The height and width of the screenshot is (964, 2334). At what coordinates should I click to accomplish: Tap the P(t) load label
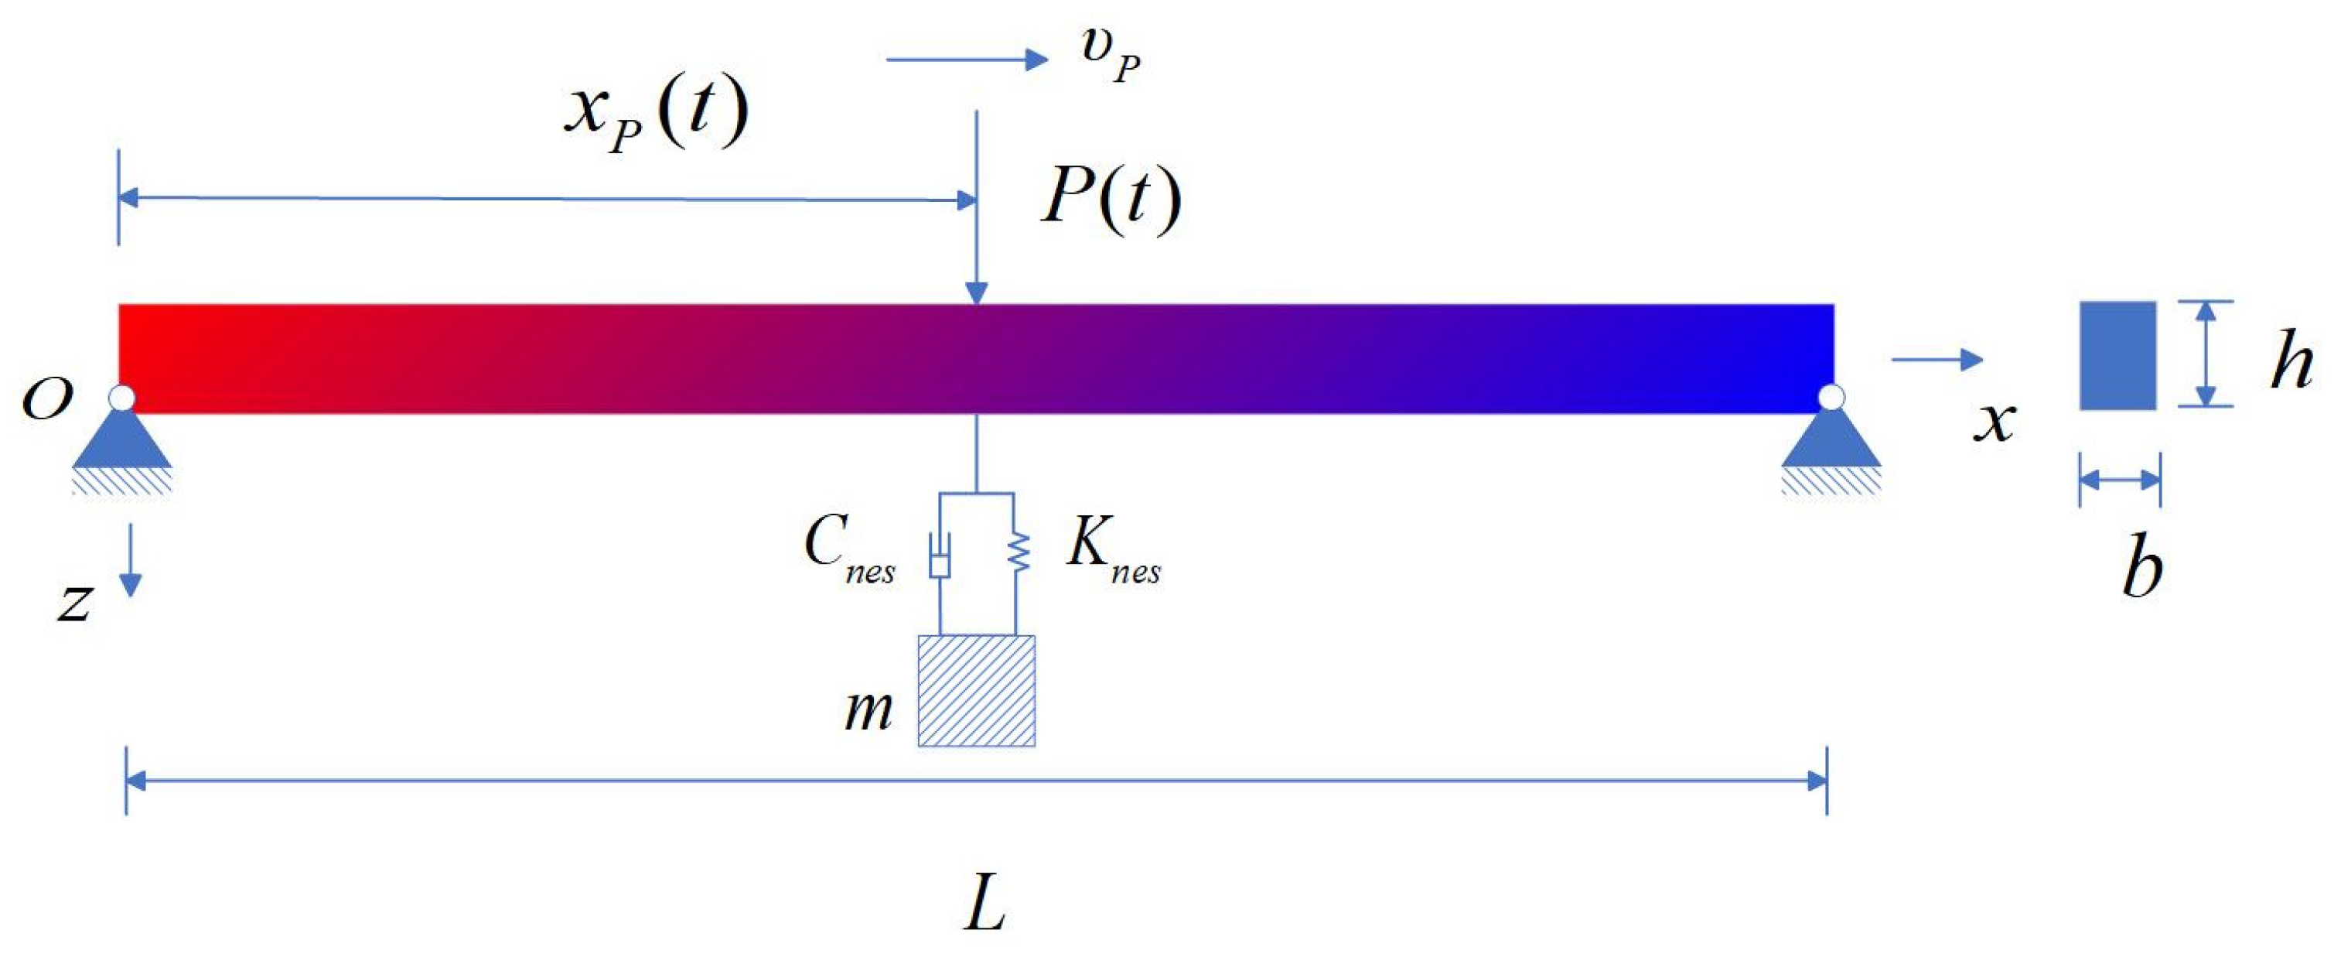(x=1111, y=197)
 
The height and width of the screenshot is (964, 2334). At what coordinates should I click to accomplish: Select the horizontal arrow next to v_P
(x=966, y=60)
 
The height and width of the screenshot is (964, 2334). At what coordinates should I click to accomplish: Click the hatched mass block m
(x=976, y=690)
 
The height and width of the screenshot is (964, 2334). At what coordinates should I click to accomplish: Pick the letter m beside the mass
(x=867, y=709)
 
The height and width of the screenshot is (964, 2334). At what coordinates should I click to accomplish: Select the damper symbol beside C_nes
(x=940, y=556)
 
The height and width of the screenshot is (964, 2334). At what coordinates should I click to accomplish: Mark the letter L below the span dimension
(x=985, y=906)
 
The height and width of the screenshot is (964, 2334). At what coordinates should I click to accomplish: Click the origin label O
(x=46, y=398)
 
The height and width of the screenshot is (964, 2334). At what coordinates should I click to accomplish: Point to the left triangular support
(x=122, y=440)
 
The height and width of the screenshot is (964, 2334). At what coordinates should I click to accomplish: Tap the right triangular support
(x=1831, y=440)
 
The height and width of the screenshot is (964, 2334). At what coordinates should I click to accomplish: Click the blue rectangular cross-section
(x=2117, y=355)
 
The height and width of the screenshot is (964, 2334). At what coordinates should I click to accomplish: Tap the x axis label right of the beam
(x=1994, y=422)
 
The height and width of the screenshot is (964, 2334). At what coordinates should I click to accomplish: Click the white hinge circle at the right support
(x=1831, y=397)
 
